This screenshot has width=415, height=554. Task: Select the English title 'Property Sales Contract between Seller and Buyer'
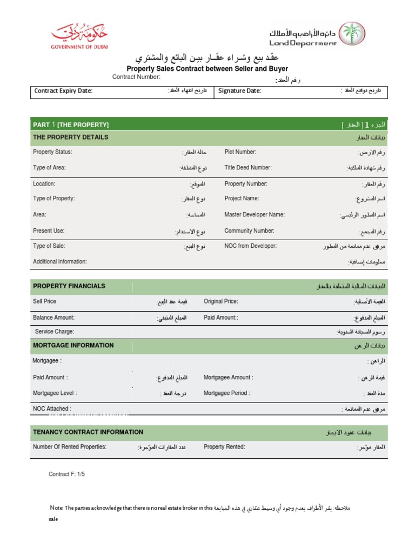(x=207, y=69)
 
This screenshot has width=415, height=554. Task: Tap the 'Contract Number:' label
(x=136, y=77)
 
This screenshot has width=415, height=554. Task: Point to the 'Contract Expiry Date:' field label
(x=63, y=91)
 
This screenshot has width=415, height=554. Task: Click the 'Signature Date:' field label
(x=239, y=91)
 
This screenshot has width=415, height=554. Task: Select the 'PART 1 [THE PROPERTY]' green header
(x=71, y=125)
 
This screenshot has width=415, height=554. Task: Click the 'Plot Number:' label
(x=240, y=152)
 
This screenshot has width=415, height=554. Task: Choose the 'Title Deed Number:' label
(x=248, y=168)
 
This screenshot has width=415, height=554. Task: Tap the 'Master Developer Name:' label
(x=255, y=215)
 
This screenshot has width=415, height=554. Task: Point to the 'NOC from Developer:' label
(x=250, y=246)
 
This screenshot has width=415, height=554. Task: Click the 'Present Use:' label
(x=49, y=231)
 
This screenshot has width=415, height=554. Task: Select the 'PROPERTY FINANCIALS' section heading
(x=69, y=286)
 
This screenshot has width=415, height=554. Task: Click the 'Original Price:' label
(x=220, y=301)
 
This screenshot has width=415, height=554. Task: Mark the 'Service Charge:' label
(x=55, y=332)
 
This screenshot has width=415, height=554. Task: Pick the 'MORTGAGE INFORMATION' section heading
(x=73, y=346)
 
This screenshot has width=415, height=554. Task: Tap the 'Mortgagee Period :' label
(x=229, y=393)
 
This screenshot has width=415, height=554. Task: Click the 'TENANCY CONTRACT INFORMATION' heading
(x=88, y=432)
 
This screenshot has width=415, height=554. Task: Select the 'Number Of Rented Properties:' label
(x=70, y=447)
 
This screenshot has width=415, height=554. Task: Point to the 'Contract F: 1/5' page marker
(x=67, y=474)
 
